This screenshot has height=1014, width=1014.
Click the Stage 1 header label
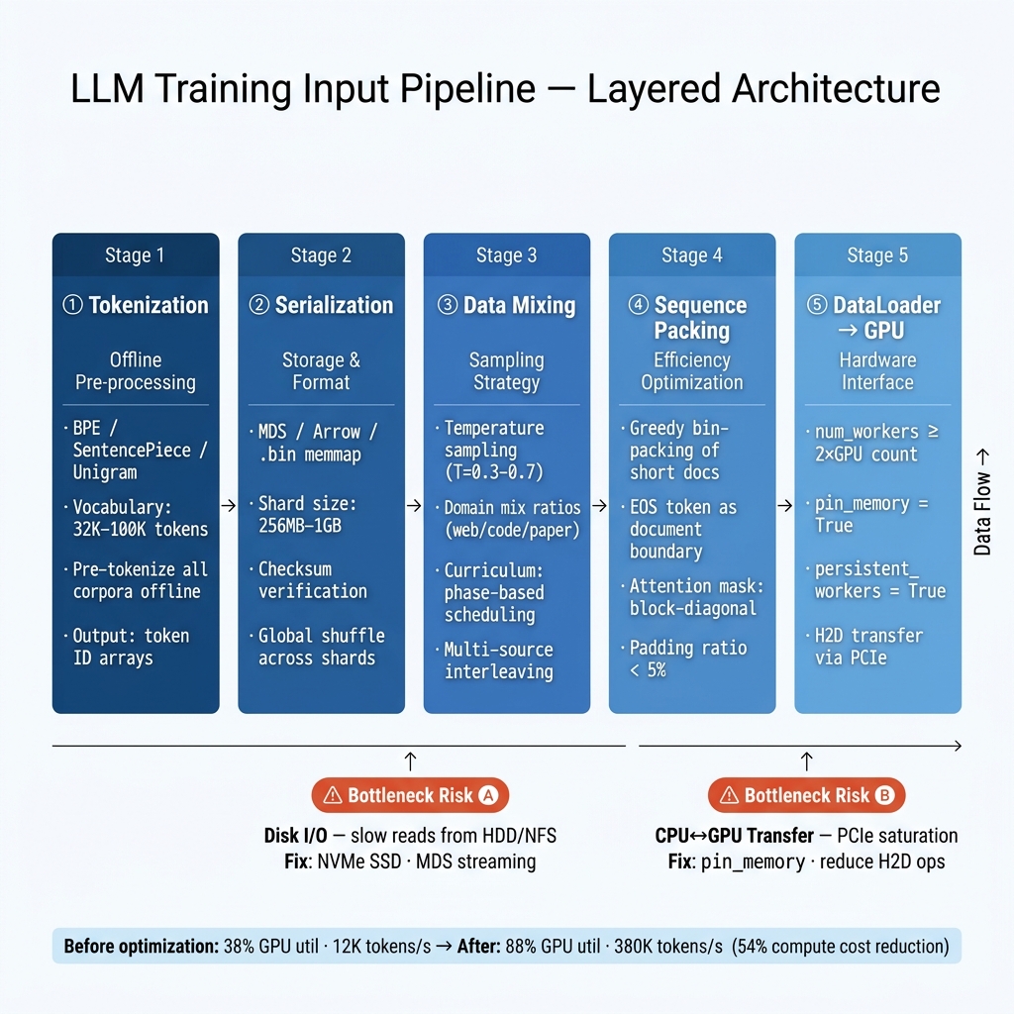click(135, 255)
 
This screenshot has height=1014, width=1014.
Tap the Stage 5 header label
click(877, 255)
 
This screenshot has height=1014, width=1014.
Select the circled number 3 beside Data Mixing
click(448, 305)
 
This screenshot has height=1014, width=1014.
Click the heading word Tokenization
click(149, 305)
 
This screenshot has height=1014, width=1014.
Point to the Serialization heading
click(334, 305)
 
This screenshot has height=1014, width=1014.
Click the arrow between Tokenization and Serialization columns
click(229, 505)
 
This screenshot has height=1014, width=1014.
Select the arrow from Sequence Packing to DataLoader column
click(784, 505)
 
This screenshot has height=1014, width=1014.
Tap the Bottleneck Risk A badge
click(410, 795)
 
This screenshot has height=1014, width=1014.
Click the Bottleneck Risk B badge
click(806, 795)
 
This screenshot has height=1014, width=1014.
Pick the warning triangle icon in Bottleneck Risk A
click(333, 795)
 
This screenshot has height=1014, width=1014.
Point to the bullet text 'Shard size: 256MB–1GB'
click(307, 514)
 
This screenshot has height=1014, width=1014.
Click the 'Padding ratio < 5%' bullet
click(688, 659)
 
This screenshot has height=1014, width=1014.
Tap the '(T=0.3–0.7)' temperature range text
click(493, 472)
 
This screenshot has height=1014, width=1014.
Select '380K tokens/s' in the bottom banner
click(668, 946)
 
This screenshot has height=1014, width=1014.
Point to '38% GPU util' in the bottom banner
click(271, 946)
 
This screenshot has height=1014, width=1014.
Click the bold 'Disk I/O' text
click(295, 836)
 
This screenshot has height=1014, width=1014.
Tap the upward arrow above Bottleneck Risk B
click(806, 761)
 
